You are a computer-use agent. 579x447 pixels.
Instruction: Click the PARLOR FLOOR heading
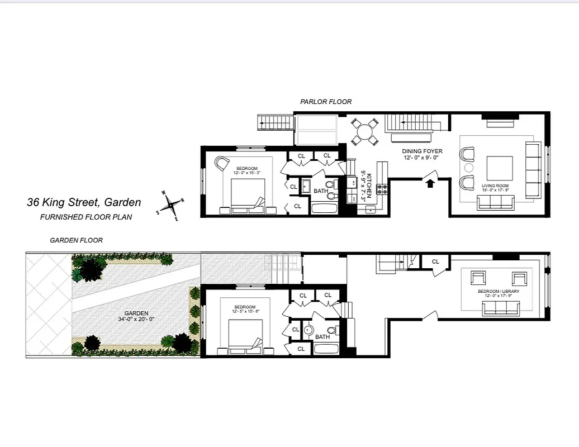coord(326,102)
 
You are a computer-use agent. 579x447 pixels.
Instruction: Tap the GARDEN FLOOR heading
coord(76,240)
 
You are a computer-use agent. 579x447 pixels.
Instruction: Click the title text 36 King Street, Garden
coord(84,203)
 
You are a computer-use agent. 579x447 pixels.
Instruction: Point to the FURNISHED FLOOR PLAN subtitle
coord(86,217)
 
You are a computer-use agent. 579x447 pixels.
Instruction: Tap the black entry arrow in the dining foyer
coord(430,184)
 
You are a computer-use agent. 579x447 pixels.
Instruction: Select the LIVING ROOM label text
coord(495,186)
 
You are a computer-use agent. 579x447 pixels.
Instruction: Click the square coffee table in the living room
coord(500,167)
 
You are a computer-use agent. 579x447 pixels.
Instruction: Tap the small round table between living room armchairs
coord(469,168)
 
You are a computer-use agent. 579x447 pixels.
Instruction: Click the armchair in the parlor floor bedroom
coord(222,163)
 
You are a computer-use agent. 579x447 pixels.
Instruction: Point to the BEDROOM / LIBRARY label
coord(498,292)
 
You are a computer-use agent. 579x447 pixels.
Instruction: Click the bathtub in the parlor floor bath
coord(325,209)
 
